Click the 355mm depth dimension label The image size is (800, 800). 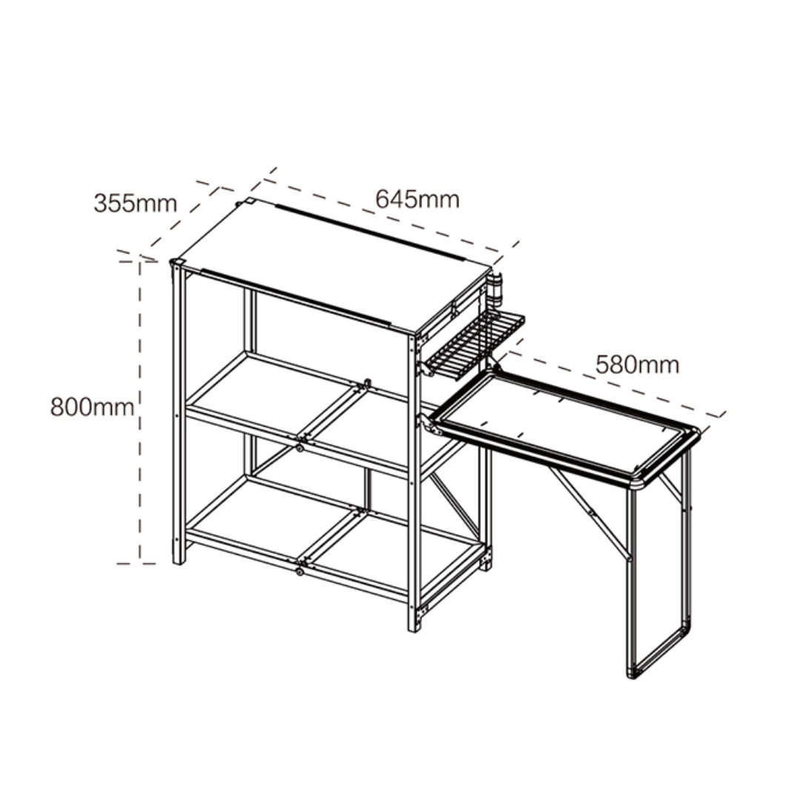(136, 203)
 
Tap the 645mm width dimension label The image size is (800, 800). (417, 199)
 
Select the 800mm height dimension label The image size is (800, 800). (93, 407)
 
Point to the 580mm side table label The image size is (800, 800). (637, 364)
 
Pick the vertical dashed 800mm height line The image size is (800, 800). (140, 413)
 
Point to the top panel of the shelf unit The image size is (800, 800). (333, 265)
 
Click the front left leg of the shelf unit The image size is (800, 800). (178, 413)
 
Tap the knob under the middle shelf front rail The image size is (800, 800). (299, 448)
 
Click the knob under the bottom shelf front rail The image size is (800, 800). (299, 572)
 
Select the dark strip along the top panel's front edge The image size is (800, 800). (296, 297)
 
